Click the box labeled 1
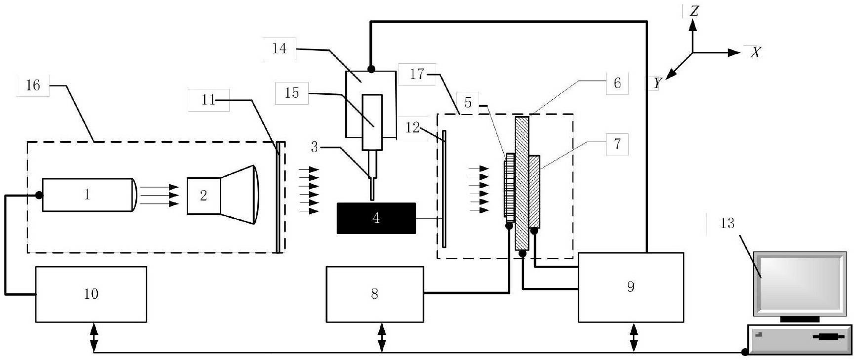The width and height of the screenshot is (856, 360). pyautogui.click(x=88, y=195)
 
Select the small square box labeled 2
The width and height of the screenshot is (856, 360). pyautogui.click(x=204, y=196)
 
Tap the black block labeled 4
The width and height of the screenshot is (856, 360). pyautogui.click(x=376, y=218)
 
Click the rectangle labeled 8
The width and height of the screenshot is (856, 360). pyautogui.click(x=375, y=294)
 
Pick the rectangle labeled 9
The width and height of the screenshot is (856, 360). pyautogui.click(x=631, y=287)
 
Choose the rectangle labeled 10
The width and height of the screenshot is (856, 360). pyautogui.click(x=91, y=294)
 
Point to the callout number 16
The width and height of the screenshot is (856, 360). pyautogui.click(x=33, y=85)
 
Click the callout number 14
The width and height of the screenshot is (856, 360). pyautogui.click(x=279, y=48)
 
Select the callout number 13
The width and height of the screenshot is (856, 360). pyautogui.click(x=727, y=224)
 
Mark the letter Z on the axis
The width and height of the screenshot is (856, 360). pyautogui.click(x=694, y=11)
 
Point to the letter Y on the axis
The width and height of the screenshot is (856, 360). pyautogui.click(x=656, y=83)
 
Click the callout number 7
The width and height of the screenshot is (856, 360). pyautogui.click(x=616, y=145)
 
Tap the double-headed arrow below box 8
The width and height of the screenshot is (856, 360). pyautogui.click(x=382, y=337)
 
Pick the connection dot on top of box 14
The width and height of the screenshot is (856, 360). pyautogui.click(x=370, y=69)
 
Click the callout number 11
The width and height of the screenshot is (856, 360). pyautogui.click(x=209, y=100)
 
